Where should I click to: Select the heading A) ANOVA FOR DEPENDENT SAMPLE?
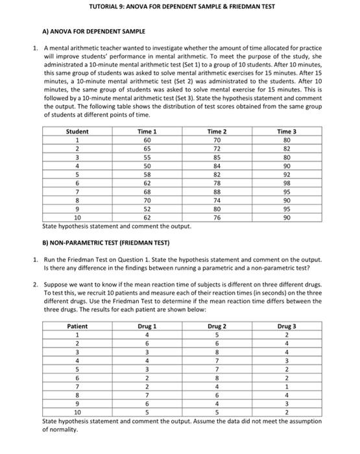point(84,31)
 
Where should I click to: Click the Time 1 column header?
point(147,132)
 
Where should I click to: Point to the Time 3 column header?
point(287,132)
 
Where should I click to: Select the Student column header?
point(77,132)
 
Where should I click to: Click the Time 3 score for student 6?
point(287,184)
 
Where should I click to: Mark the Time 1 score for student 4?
point(147,165)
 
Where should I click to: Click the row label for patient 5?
point(77,369)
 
